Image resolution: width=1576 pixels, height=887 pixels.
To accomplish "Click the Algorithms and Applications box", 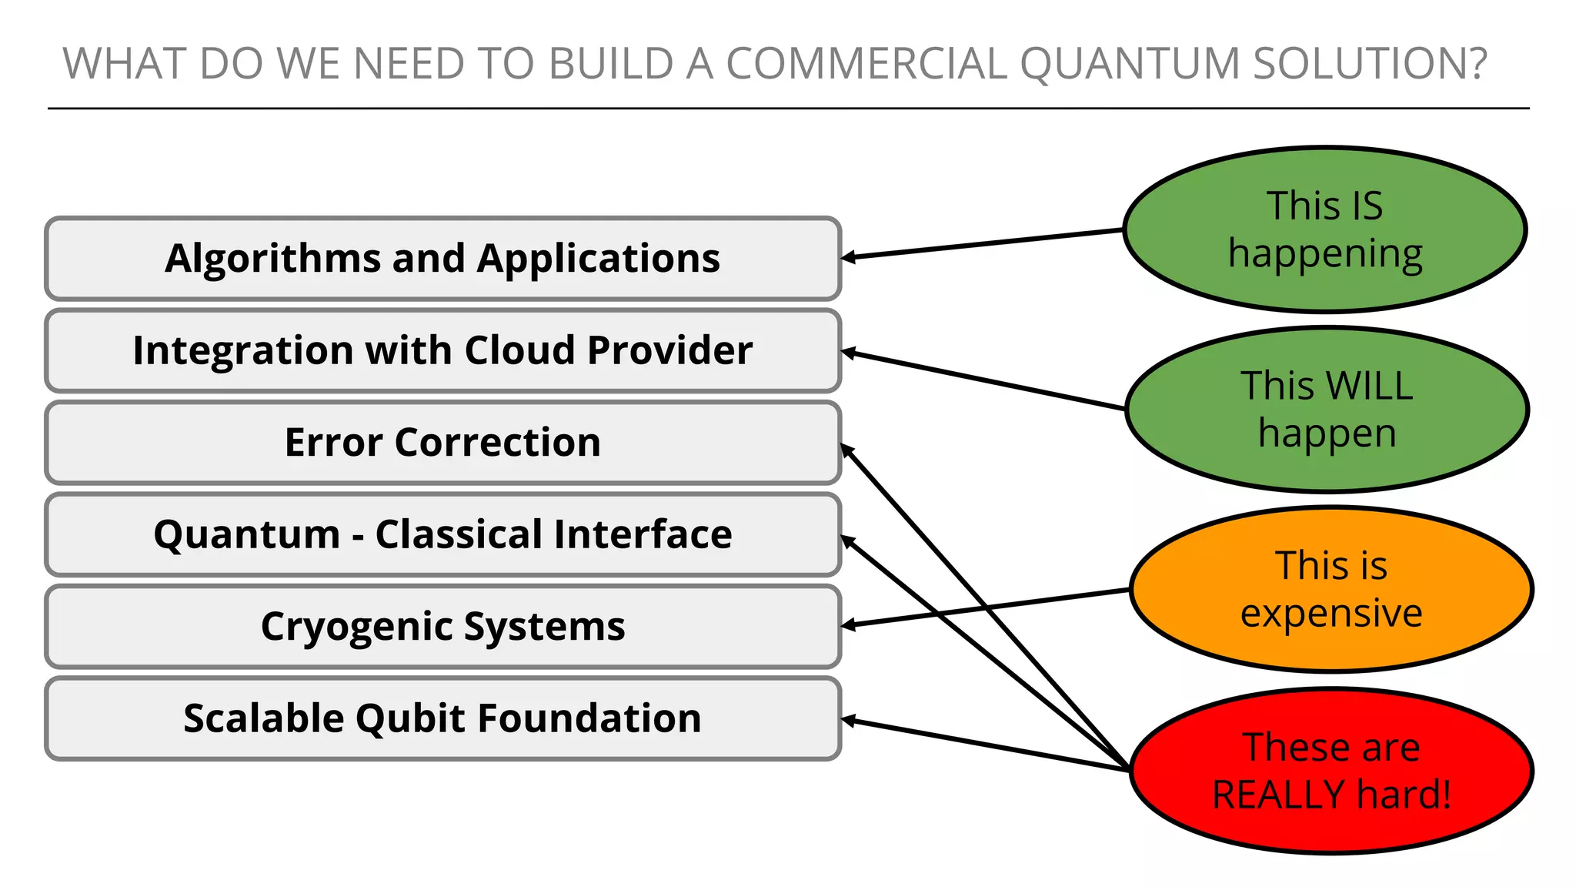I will click(x=442, y=259).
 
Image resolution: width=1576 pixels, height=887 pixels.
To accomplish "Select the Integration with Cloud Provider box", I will click(x=442, y=351).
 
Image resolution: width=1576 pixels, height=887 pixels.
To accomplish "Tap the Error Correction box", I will click(x=442, y=443).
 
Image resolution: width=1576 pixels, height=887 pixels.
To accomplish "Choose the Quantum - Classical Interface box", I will click(x=442, y=534).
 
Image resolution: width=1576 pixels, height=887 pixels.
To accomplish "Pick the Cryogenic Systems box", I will click(x=442, y=626).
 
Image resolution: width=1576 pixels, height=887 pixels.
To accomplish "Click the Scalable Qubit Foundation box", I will click(x=442, y=718).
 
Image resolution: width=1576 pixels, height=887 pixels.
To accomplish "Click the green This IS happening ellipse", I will click(x=1324, y=229).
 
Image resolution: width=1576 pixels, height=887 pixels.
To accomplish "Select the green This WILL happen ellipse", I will click(x=1327, y=409).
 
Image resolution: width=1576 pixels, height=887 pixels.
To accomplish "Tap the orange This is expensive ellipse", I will click(x=1331, y=589).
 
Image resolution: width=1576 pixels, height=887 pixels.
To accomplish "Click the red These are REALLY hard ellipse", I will click(x=1331, y=771).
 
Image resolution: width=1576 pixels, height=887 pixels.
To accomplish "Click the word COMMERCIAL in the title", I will click(x=866, y=64).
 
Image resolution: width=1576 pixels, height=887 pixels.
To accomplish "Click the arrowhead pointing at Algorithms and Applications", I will click(x=847, y=258).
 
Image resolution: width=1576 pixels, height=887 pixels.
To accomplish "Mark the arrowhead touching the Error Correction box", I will click(x=846, y=449).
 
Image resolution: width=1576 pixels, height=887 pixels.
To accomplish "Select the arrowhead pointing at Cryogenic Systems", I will click(x=847, y=625).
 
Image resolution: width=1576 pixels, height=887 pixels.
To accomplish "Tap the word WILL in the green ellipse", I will click(x=1370, y=386).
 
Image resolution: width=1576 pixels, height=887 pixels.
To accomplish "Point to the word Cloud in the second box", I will click(x=519, y=351).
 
